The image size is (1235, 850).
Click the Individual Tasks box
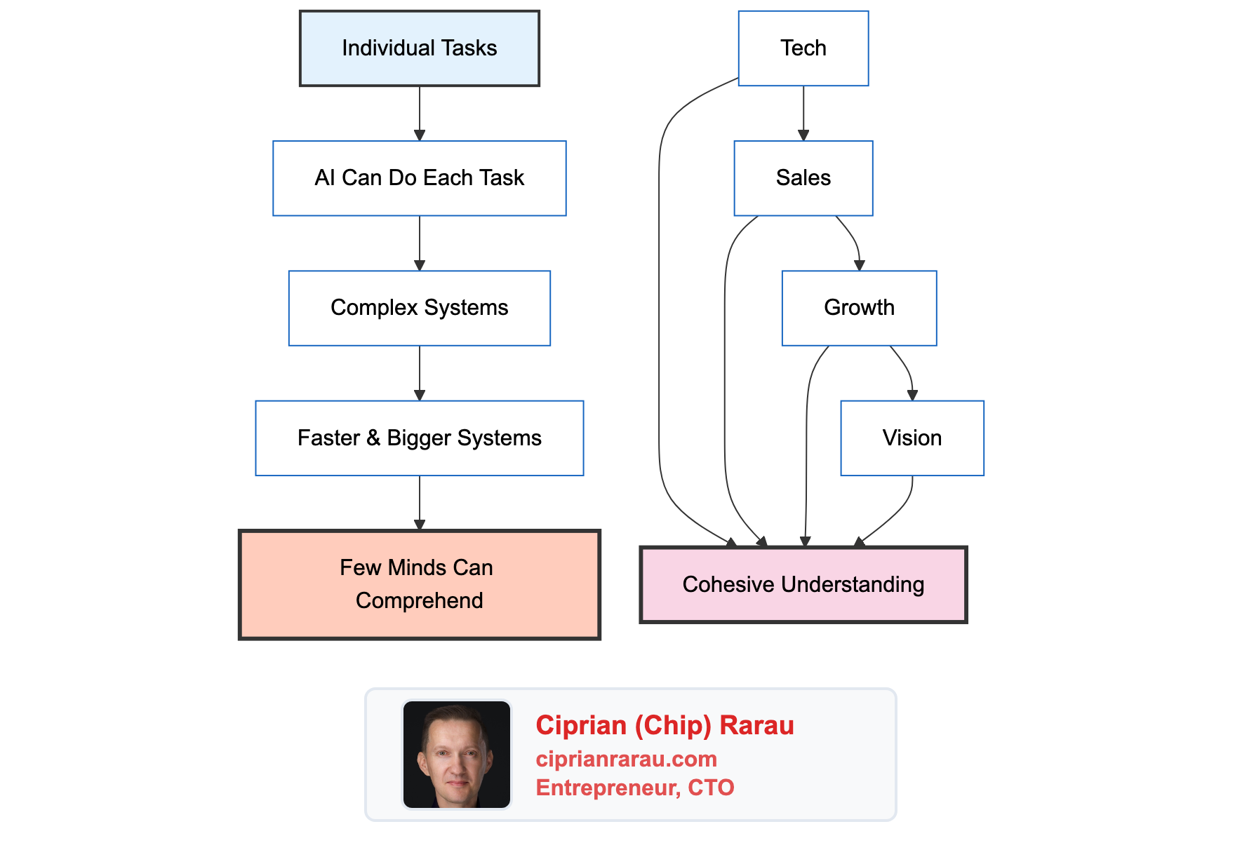click(419, 48)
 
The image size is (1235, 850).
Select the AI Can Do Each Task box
click(419, 178)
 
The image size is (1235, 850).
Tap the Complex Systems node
click(419, 308)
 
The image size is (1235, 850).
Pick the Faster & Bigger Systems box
click(419, 438)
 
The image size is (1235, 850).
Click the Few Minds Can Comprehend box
click(419, 584)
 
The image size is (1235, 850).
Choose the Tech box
click(803, 48)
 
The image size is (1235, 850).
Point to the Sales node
click(803, 178)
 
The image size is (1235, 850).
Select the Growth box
click(859, 308)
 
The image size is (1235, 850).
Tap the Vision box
click(912, 438)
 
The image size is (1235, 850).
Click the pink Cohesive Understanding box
click(803, 585)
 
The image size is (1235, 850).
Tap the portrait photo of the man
click(457, 755)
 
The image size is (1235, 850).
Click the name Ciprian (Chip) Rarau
click(665, 725)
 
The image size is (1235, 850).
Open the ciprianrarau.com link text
click(626, 759)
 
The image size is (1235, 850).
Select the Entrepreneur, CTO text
click(634, 788)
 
